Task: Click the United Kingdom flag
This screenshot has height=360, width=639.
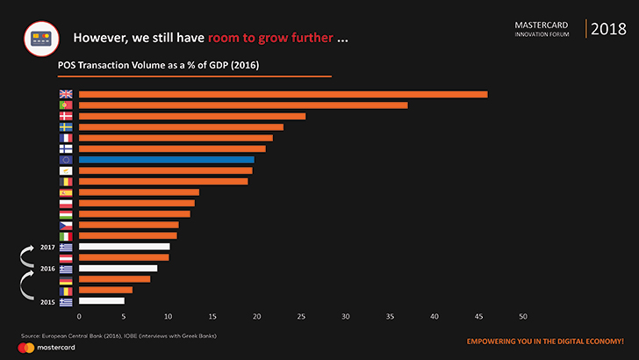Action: (66, 95)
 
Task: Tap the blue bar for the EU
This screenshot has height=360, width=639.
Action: (166, 160)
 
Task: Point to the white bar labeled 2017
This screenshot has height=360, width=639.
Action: (124, 247)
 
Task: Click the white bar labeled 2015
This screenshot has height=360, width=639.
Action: (101, 301)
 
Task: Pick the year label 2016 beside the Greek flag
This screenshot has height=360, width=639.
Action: (48, 269)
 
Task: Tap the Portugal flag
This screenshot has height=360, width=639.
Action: (66, 105)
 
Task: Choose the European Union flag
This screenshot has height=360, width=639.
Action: (66, 160)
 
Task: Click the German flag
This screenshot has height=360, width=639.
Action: (66, 279)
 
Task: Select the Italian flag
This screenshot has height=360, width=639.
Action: (66, 236)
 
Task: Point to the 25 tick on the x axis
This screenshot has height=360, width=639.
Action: (301, 316)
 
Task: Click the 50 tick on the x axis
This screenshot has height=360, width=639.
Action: (523, 316)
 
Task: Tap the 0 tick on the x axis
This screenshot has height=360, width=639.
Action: (79, 316)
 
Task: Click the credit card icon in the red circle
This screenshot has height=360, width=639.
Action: (39, 38)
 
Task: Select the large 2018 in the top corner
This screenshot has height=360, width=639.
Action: (608, 29)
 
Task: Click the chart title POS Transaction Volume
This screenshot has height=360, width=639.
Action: (158, 65)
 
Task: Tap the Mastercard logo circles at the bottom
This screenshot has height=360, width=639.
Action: (25, 348)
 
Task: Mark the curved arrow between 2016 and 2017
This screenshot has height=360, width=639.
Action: (26, 256)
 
